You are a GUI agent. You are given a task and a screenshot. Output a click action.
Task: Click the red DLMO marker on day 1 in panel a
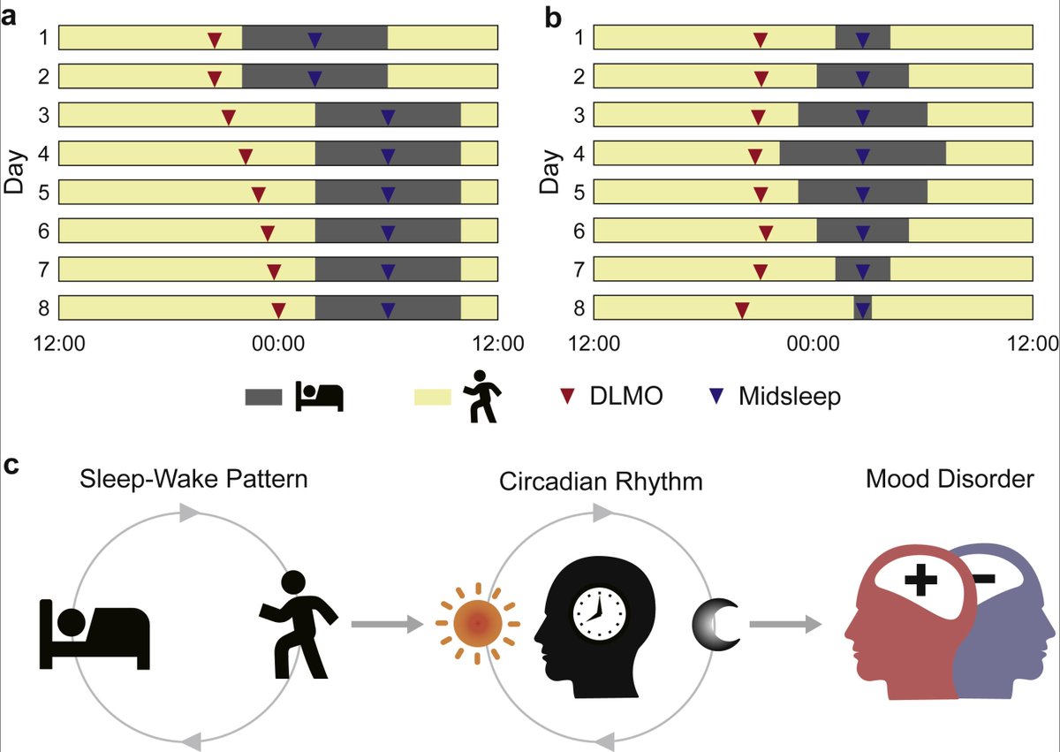click(x=214, y=40)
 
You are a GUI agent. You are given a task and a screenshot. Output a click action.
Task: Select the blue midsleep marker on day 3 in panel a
click(x=388, y=117)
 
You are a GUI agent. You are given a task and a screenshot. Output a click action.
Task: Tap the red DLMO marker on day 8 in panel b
click(x=742, y=309)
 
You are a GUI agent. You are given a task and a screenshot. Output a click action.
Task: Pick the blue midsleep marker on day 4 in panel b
click(x=863, y=156)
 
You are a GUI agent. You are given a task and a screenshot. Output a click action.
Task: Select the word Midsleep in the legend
click(x=790, y=397)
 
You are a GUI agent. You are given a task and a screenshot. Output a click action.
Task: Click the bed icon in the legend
click(x=319, y=397)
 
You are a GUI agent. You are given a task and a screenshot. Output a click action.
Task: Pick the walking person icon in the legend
click(x=481, y=397)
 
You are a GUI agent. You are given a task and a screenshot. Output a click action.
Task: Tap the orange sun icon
click(x=477, y=623)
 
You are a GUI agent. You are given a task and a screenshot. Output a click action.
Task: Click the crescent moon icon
click(x=716, y=624)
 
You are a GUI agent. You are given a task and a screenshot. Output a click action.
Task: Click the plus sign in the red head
click(x=920, y=581)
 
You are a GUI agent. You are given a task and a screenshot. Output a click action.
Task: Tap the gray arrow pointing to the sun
click(x=385, y=625)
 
